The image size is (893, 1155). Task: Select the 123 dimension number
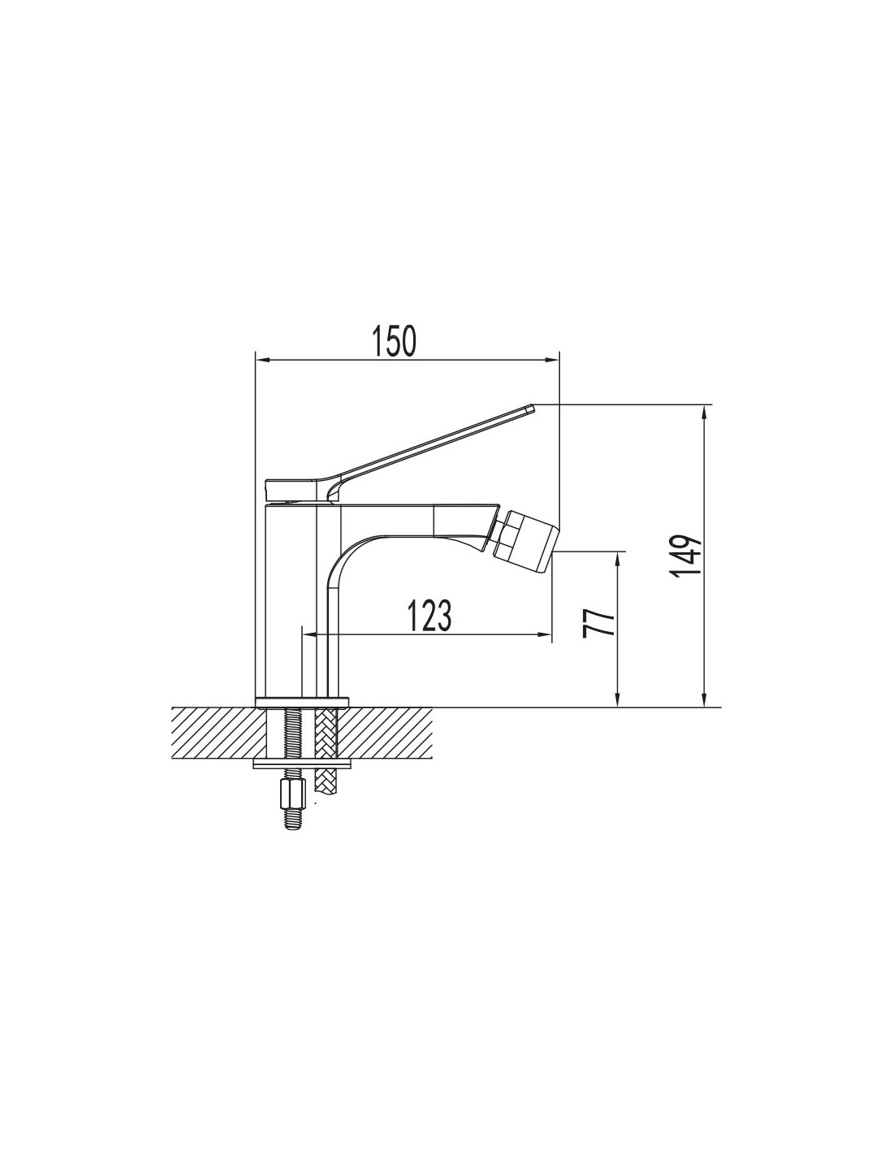[429, 616]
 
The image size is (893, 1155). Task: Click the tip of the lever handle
[531, 408]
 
